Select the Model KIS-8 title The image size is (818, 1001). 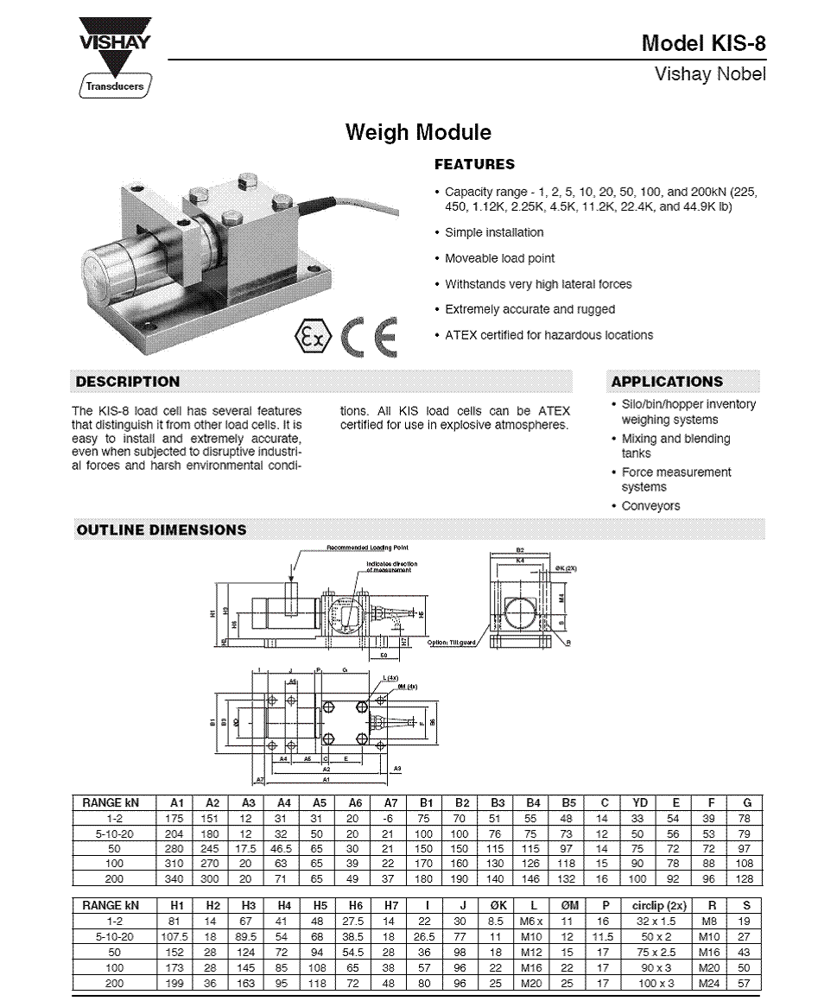pos(703,43)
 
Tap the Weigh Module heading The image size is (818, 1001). pos(418,132)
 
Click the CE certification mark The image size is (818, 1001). pos(369,337)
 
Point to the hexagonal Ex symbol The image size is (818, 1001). pos(312,337)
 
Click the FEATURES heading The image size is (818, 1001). pos(474,164)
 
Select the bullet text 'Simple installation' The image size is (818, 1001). pos(494,232)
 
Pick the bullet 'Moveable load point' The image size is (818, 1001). pos(499,258)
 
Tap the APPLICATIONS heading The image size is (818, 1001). pos(667,382)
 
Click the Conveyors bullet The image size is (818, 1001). pos(650,506)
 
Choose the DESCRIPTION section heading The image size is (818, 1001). pos(128,382)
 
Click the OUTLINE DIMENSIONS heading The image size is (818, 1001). pos(162,530)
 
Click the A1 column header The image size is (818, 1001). pos(176,803)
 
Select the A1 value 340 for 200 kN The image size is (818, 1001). pos(176,879)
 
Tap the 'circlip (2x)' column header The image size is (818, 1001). pos(658,906)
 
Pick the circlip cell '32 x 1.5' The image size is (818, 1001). pos(658,921)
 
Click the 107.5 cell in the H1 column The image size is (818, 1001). pos(176,936)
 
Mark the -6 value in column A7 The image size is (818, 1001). pos(390,818)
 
